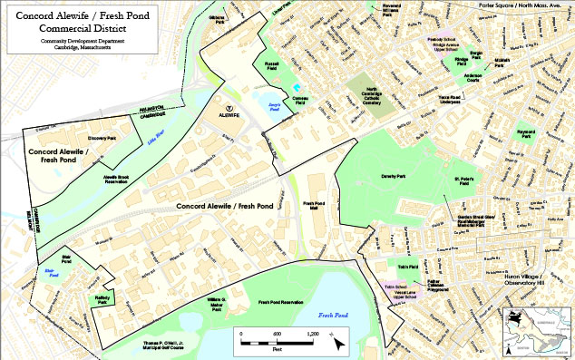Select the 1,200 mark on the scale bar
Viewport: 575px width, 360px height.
coord(314,334)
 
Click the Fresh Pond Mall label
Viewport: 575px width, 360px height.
coord(314,207)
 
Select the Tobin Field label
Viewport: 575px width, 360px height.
coord(406,267)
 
